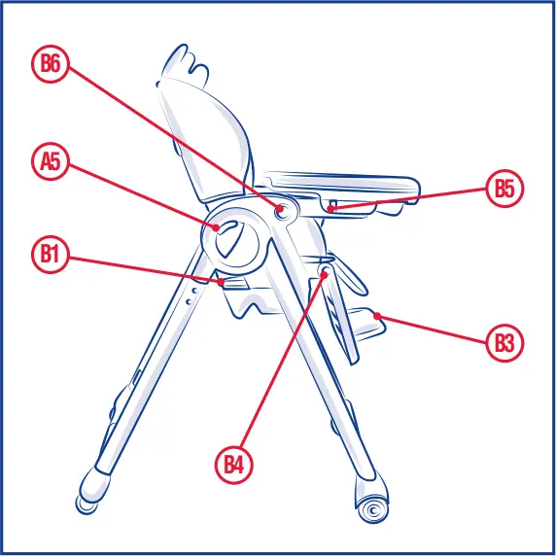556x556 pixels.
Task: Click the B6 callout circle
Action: pos(50,64)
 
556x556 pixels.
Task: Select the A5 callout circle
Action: pos(50,161)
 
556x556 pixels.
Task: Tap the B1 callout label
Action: pos(50,255)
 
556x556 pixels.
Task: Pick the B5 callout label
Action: pos(504,189)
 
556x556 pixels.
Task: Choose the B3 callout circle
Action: pos(504,342)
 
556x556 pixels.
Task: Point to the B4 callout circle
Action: pos(233,464)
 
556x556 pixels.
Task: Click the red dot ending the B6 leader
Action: pos(280,207)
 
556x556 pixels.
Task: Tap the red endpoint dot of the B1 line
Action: pos(224,282)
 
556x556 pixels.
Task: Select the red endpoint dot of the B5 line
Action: pos(330,207)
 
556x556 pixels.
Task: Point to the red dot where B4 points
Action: pos(324,275)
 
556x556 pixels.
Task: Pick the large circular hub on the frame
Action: pos(235,236)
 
